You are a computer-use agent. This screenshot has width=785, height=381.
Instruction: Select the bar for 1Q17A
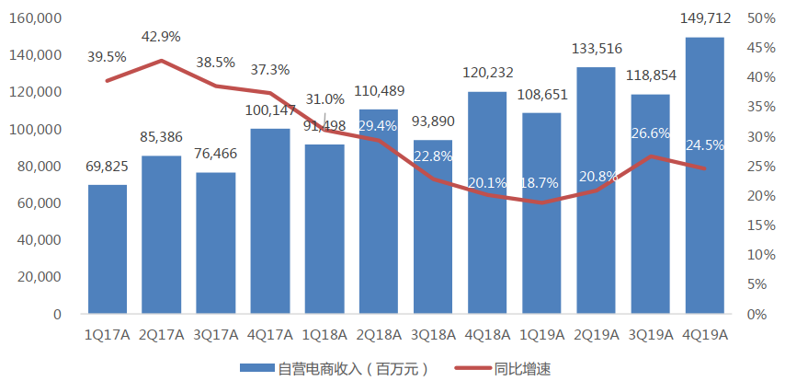coord(108,249)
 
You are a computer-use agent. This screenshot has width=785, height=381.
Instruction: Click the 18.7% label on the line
coord(540,183)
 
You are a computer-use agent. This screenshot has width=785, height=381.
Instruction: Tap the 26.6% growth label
coord(650,133)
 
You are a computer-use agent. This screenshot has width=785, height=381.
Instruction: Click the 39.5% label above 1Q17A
coord(107,57)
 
